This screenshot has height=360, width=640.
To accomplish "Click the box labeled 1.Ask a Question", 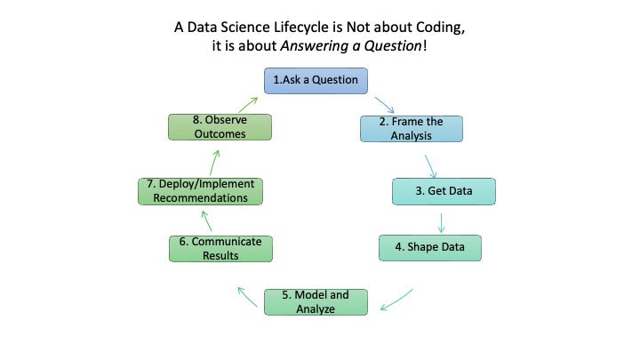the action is click(316, 81).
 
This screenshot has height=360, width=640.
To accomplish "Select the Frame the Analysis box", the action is click(412, 129).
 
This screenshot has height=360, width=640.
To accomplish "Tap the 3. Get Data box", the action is click(444, 191).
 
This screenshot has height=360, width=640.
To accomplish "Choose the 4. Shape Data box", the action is click(430, 248).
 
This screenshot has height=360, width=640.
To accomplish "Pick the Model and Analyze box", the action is click(316, 302).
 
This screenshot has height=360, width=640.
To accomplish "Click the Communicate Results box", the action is click(220, 249).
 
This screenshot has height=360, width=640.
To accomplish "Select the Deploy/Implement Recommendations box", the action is click(200, 191).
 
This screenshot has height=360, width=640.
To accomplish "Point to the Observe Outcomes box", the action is click(220, 127).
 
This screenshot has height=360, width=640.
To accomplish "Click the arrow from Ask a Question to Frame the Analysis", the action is click(385, 105).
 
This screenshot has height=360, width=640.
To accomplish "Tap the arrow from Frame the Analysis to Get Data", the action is click(430, 166).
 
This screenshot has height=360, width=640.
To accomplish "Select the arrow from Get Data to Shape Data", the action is click(441, 223).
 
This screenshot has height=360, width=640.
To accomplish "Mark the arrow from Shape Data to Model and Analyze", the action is click(396, 300).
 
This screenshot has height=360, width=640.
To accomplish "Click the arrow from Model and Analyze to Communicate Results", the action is click(247, 297).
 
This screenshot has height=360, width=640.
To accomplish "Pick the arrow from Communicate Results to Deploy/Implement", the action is click(207, 220).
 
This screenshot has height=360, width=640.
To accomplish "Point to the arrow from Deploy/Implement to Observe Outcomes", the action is click(215, 163).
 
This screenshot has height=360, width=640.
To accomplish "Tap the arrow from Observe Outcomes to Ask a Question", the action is click(248, 105).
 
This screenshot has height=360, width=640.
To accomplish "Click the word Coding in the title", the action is click(440, 28).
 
